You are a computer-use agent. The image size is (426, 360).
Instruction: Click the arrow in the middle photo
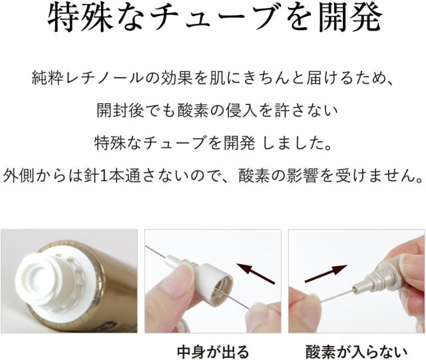click(256, 271)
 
